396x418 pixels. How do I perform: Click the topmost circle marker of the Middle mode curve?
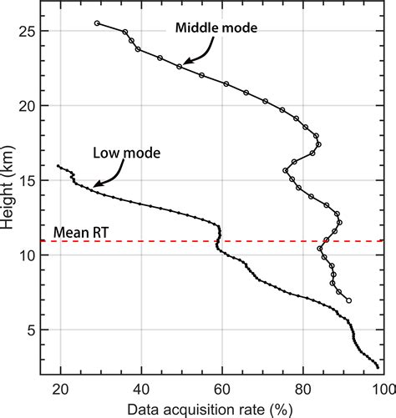pos(97,23)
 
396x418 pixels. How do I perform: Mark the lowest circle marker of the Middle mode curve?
pos(348,300)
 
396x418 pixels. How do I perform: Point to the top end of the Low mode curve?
pos(58,166)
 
